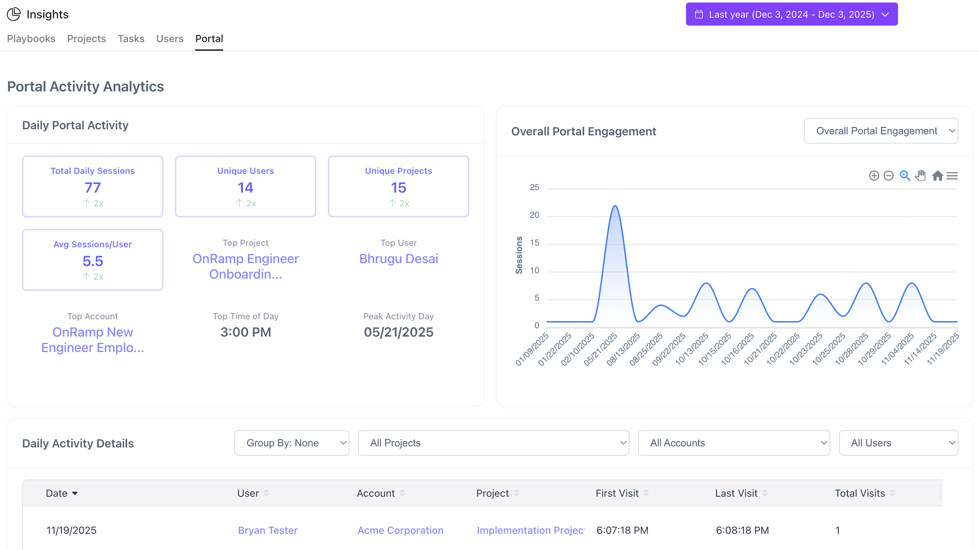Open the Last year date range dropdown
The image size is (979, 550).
coord(791,15)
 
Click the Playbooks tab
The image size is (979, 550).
coord(31,39)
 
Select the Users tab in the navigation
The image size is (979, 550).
coord(169,39)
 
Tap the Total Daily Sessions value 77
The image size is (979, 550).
coord(92,188)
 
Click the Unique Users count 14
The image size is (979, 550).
coord(246,188)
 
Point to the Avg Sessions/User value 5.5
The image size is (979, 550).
coord(92,261)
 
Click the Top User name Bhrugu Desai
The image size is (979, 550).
coord(398,259)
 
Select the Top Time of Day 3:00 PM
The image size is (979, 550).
coord(246,332)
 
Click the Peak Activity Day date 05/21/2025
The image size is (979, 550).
coord(398,332)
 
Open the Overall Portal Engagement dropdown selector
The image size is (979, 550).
coord(881,131)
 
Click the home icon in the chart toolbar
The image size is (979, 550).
coord(937,176)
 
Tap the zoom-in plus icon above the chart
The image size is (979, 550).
coord(874,176)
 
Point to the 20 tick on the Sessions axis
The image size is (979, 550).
coord(534,215)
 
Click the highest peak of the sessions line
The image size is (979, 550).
coord(615,206)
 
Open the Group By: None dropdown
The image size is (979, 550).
coord(292,443)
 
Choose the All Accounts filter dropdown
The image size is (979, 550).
coord(733,443)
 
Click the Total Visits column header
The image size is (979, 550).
coord(860,494)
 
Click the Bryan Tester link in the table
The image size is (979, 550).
coord(268,530)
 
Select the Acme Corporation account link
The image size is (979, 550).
coord(400,530)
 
